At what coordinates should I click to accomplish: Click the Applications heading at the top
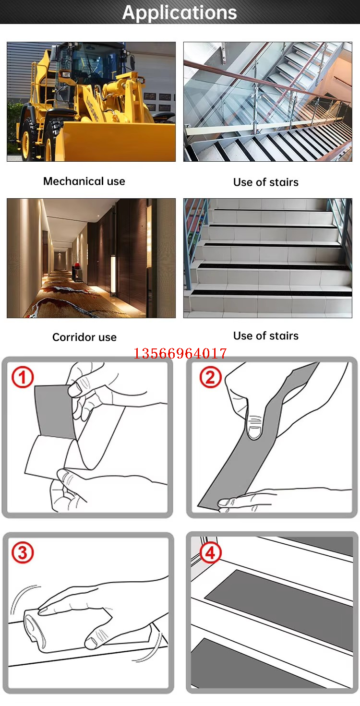click(180, 12)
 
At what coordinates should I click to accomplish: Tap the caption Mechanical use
click(84, 181)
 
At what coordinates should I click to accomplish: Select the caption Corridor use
click(84, 337)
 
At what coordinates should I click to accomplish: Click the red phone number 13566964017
click(180, 353)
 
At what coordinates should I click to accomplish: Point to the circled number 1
click(23, 377)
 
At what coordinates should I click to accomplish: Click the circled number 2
click(210, 377)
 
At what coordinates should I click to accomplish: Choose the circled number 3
click(23, 552)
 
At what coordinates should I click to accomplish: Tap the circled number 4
click(210, 552)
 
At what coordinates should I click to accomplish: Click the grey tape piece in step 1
click(54, 411)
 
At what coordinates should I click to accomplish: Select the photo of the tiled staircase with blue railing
click(268, 258)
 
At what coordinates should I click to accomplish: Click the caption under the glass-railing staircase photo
click(266, 182)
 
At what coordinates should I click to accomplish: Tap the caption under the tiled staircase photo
click(266, 335)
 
